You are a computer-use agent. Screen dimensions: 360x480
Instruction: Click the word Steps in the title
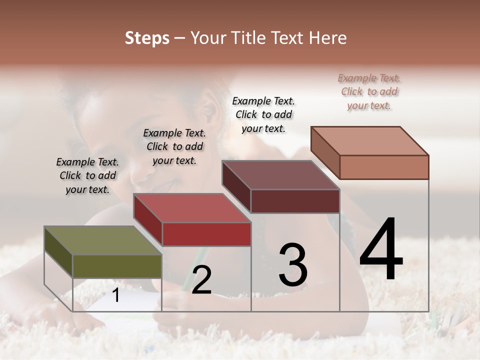click(147, 38)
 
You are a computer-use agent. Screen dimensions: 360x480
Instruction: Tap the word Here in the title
click(328, 38)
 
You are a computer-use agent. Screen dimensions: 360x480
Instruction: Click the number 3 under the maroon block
click(293, 265)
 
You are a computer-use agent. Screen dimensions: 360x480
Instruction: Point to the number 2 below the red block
click(201, 280)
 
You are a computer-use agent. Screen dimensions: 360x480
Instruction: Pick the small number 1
click(115, 295)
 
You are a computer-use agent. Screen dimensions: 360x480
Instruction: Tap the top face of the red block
click(191, 208)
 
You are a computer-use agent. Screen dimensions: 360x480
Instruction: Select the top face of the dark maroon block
click(280, 175)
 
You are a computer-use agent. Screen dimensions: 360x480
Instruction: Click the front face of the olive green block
click(117, 266)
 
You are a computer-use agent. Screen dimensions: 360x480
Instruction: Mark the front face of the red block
click(206, 234)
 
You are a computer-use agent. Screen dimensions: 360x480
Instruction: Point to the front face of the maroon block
click(295, 201)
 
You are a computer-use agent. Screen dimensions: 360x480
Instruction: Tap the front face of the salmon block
click(384, 167)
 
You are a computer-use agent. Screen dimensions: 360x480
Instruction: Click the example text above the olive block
click(87, 175)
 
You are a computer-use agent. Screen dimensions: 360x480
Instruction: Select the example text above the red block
click(174, 146)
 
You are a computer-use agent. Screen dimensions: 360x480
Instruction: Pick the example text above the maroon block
click(263, 114)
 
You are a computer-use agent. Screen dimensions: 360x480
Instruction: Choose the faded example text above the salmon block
click(369, 91)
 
